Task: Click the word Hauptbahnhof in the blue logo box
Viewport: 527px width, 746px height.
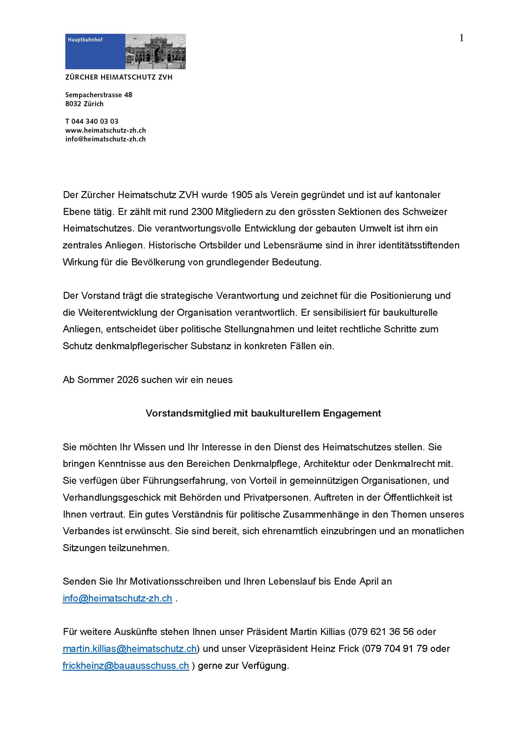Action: [85, 40]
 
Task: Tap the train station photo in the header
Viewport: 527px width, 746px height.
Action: [155, 51]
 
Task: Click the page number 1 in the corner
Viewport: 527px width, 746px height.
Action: [461, 38]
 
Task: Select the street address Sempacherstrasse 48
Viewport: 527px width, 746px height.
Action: [99, 95]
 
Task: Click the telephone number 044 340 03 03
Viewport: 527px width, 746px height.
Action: [95, 121]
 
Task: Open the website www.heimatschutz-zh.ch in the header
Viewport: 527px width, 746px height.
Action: [106, 130]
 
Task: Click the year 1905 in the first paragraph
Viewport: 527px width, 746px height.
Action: [241, 195]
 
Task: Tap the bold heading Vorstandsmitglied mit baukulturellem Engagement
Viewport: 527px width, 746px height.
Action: [263, 413]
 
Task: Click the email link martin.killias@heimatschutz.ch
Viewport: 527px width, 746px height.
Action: [129, 649]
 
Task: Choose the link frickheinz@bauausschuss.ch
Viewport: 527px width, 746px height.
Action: [126, 666]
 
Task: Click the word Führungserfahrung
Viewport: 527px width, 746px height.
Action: [184, 481]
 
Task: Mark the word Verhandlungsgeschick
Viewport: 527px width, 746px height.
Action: [112, 498]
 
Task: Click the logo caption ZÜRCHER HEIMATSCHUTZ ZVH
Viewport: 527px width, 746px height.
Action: [119, 77]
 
